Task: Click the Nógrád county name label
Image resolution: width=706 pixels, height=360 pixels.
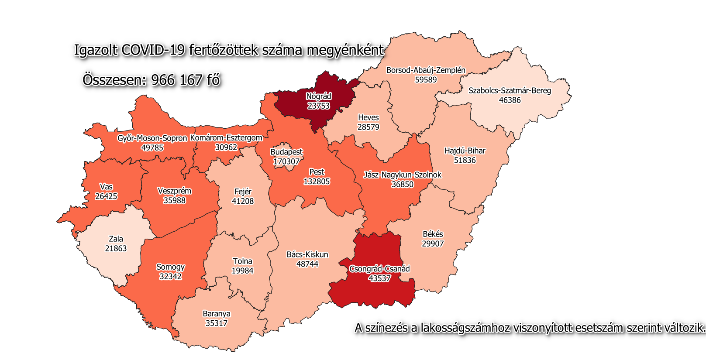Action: point(318,96)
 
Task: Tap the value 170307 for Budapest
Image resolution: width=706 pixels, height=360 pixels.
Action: point(286,161)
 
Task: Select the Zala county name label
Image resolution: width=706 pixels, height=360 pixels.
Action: point(116,239)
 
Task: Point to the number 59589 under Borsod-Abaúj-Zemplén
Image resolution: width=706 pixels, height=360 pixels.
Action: point(426,80)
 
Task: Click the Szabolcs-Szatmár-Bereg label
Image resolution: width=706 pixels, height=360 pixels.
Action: point(510,90)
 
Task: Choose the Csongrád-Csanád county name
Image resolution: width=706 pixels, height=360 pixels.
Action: point(379,269)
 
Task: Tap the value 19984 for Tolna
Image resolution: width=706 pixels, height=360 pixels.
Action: point(242,271)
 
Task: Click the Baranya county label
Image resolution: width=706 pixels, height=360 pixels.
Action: point(217,314)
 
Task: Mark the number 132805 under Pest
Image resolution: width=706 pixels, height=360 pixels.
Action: point(317,182)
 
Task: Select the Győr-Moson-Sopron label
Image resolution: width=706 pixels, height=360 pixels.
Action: point(152,138)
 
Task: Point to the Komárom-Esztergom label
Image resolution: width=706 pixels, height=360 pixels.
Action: point(226,138)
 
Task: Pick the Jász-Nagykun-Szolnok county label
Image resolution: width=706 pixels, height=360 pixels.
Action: point(402,175)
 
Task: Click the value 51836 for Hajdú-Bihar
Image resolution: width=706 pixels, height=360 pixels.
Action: point(465,160)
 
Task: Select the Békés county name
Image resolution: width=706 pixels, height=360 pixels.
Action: point(433,234)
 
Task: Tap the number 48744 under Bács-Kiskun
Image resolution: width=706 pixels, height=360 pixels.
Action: point(307,264)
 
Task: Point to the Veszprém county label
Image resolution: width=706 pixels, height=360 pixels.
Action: point(174,191)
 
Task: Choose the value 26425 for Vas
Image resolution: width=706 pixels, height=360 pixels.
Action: point(106,196)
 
